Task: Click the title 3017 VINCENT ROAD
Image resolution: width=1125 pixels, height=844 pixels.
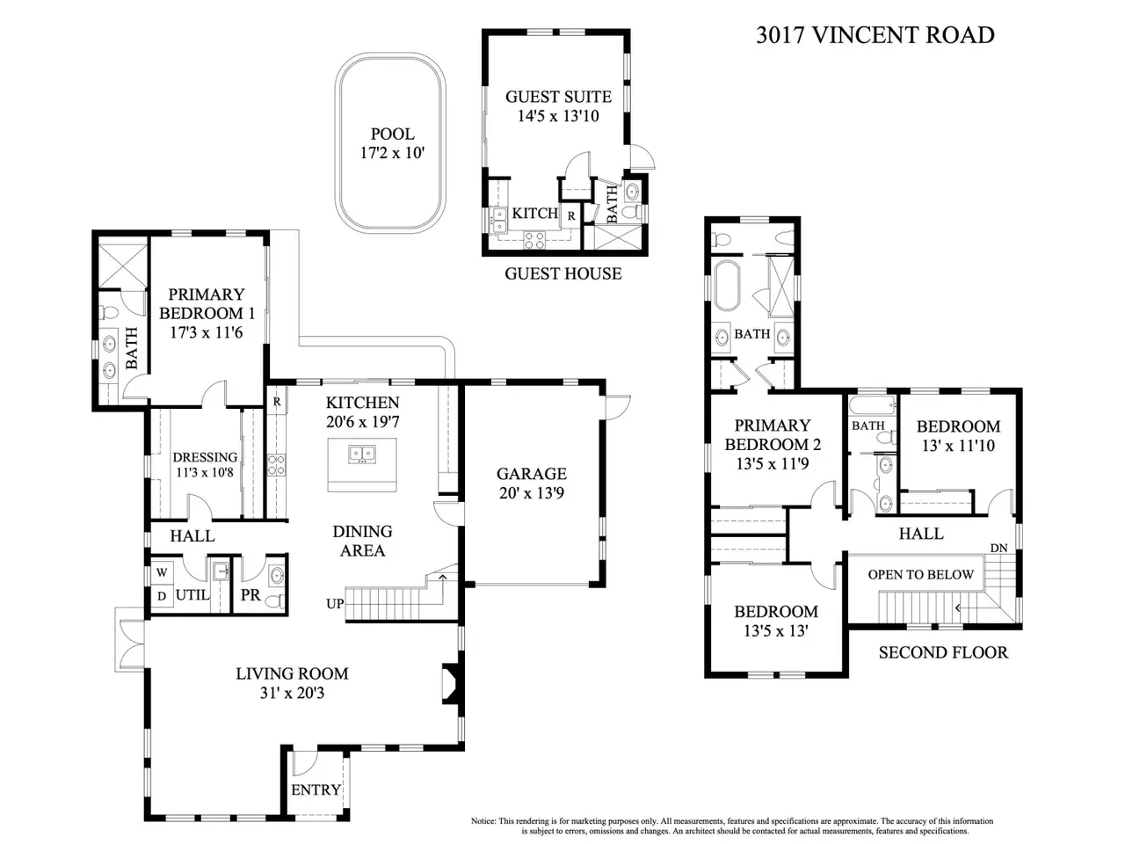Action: click(x=875, y=35)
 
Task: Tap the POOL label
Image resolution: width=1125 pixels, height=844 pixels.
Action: click(x=392, y=135)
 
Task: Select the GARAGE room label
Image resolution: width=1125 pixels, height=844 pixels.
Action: click(x=532, y=474)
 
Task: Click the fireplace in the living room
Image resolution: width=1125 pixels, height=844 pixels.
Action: click(x=451, y=684)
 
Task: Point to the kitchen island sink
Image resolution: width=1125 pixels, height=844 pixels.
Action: click(x=362, y=454)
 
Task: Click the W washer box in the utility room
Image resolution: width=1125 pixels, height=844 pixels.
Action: click(x=162, y=572)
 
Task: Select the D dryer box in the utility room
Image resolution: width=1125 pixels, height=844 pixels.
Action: click(x=162, y=596)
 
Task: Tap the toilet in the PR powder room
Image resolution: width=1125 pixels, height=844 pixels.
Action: click(x=277, y=600)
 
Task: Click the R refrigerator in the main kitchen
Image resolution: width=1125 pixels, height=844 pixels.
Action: click(x=277, y=403)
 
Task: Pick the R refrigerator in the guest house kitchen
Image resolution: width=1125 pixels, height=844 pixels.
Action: click(x=571, y=216)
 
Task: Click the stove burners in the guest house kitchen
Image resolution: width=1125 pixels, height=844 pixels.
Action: click(x=533, y=240)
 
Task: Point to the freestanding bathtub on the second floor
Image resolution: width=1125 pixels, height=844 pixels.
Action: click(x=727, y=286)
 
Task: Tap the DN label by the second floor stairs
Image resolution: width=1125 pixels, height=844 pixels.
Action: click(x=999, y=548)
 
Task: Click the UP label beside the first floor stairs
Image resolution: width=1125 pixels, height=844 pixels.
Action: click(x=335, y=604)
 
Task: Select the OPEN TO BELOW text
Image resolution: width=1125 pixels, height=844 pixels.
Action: click(x=920, y=574)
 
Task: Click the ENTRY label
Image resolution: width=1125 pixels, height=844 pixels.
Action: click(x=316, y=789)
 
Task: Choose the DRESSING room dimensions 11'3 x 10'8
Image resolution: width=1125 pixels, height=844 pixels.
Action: click(x=205, y=472)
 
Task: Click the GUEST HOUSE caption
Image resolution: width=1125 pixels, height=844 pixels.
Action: click(x=563, y=273)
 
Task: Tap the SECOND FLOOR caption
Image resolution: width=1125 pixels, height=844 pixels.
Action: click(x=943, y=652)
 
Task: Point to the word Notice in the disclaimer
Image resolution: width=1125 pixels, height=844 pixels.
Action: click(x=483, y=821)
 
